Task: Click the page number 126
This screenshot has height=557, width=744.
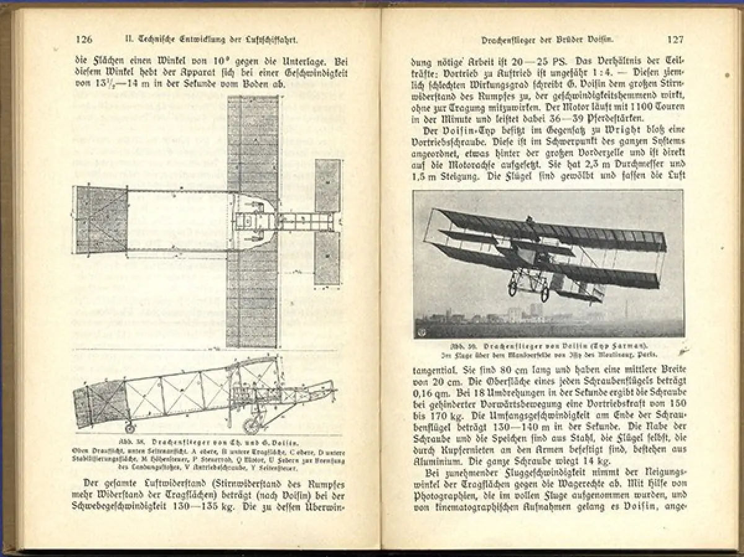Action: [x=84, y=40]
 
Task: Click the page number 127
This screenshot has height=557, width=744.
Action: [x=675, y=40]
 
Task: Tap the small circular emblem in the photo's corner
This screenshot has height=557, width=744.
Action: [x=422, y=330]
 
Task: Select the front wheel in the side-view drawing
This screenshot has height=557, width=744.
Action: [x=252, y=424]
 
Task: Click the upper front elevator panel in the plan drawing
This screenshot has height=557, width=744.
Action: [x=327, y=185]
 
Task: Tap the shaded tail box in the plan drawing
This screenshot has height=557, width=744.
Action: [x=100, y=220]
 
